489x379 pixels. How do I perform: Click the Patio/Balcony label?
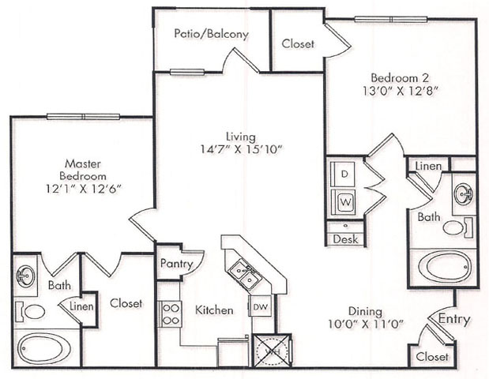pos(211,34)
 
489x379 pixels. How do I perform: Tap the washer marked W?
pos(344,202)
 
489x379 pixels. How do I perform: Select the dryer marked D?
pos(344,174)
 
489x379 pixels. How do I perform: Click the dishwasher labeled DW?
pos(261,306)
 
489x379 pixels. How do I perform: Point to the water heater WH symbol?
pos(273,351)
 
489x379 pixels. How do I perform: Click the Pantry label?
pos(176,264)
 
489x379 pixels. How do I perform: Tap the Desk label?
pos(345,239)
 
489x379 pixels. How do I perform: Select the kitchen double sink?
pos(245,275)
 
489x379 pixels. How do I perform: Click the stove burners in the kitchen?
pos(171,314)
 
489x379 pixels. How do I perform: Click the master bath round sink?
pos(25,276)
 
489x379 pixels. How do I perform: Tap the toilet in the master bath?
pos(31,312)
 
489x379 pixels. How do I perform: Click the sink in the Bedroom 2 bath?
pos(464,193)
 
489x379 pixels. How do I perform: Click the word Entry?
pos(454,320)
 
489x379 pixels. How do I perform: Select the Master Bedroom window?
pos(83,117)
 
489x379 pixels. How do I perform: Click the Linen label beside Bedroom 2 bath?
pos(428,166)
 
